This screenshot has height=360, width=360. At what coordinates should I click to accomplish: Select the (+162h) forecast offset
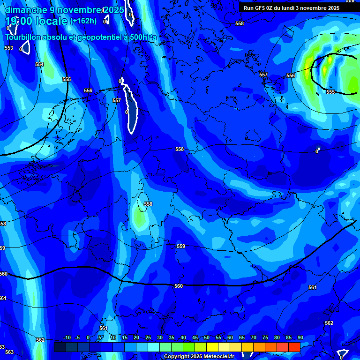[x=83, y=21]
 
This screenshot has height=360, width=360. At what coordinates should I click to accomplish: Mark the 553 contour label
[x=9, y=48]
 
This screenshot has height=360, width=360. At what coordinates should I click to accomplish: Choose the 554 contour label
[x=39, y=64]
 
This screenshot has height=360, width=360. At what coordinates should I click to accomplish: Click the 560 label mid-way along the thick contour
[x=179, y=285]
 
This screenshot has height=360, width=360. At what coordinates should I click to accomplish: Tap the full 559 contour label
[x=181, y=246]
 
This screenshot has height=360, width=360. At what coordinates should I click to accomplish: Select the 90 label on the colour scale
[x=300, y=337]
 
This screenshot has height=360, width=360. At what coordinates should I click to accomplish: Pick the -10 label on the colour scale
[x=67, y=337]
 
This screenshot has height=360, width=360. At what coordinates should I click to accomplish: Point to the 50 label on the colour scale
[x=207, y=337]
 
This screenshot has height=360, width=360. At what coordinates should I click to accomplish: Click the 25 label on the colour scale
[x=148, y=337]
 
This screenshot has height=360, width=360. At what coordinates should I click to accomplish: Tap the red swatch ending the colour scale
[x=294, y=347]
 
